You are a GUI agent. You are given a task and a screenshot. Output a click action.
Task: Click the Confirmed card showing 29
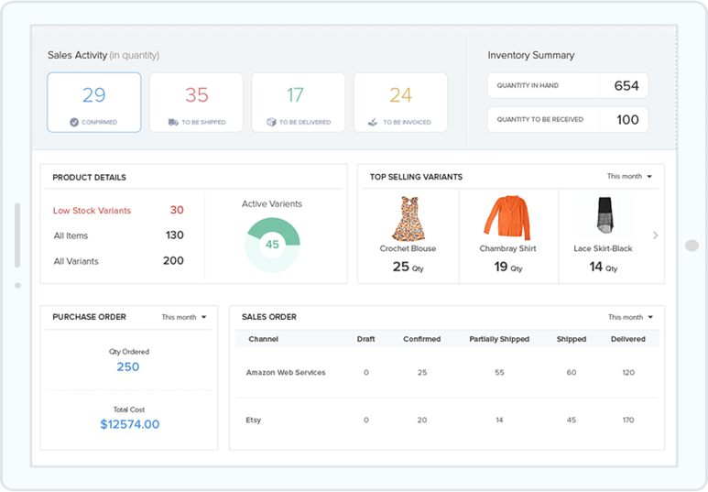point(94,102)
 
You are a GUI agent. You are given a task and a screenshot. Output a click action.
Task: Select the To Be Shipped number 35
point(197,95)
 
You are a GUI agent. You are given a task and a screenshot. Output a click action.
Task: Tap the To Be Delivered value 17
point(295,95)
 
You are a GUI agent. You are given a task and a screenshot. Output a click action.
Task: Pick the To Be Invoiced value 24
point(400,95)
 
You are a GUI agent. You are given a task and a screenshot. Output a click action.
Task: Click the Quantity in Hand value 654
point(626,86)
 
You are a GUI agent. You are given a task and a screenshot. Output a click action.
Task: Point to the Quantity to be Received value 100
point(627,120)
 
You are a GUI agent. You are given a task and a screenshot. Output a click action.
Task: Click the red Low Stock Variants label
point(92,211)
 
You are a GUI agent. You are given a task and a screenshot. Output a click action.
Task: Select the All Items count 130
point(174,235)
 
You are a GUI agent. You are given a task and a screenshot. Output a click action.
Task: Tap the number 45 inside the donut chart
point(272,245)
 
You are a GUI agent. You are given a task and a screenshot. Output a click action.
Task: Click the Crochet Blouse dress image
point(408,218)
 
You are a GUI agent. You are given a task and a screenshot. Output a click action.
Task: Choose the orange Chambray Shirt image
point(507,218)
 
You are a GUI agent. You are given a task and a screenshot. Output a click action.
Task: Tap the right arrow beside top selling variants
point(655,235)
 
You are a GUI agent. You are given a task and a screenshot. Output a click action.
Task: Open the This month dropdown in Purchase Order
point(184,317)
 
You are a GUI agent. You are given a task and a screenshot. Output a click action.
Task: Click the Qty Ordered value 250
point(128,366)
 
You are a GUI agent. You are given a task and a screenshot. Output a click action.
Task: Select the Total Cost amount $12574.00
point(129,424)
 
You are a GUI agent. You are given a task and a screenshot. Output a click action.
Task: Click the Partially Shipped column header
point(499,339)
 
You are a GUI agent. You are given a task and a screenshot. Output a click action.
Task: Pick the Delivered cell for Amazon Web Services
point(628,373)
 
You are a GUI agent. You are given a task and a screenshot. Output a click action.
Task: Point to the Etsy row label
point(254,421)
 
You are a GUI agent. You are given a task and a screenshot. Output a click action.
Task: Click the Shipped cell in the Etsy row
point(572,421)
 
